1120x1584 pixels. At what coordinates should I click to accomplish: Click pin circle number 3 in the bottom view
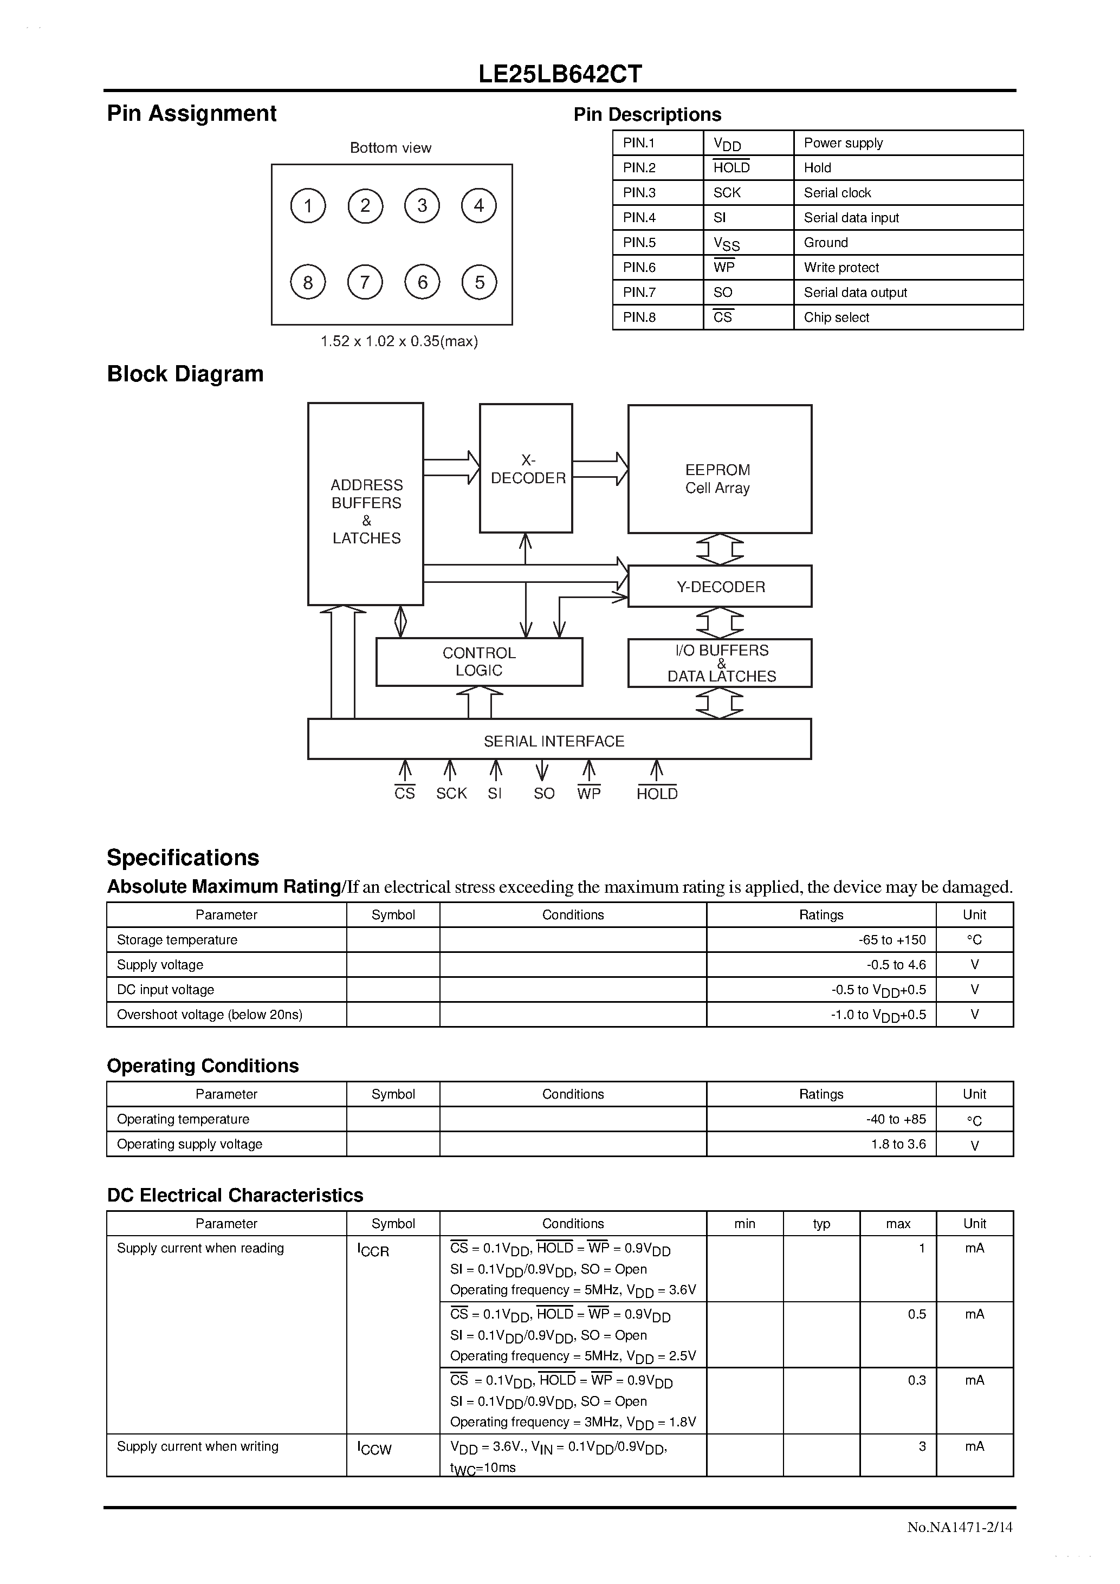click(x=422, y=206)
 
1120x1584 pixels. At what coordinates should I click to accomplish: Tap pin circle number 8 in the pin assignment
click(x=308, y=282)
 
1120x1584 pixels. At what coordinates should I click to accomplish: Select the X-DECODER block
click(x=526, y=469)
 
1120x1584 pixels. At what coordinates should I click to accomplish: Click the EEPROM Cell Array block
click(x=719, y=469)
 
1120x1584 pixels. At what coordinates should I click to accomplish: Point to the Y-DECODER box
click(x=720, y=586)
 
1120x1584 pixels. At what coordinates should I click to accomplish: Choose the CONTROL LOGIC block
click(x=479, y=661)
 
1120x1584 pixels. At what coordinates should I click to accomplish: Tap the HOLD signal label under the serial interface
click(x=657, y=794)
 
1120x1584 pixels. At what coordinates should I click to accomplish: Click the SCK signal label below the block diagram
click(x=451, y=794)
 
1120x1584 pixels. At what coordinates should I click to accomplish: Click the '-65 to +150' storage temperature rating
click(x=892, y=940)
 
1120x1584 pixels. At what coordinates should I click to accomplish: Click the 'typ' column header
click(x=821, y=1223)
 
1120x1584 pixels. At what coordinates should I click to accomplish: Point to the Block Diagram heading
click(x=185, y=374)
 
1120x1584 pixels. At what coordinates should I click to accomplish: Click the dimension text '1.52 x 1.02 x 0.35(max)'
click(x=399, y=341)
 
